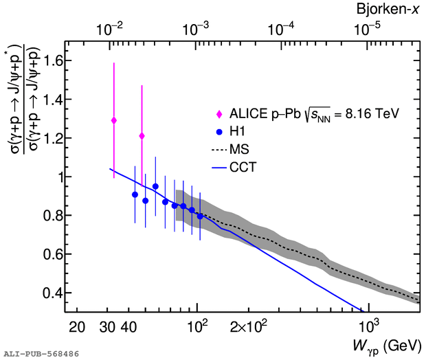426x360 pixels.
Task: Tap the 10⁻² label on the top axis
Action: (111, 30)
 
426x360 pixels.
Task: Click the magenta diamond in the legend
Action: (220, 113)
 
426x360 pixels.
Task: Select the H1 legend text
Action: (237, 131)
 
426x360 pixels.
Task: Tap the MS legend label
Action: (238, 148)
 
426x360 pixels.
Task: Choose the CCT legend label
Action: (242, 166)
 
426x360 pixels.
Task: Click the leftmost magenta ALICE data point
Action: (114, 120)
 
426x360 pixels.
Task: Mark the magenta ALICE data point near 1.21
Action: (142, 136)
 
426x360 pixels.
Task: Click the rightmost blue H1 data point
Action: (200, 216)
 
